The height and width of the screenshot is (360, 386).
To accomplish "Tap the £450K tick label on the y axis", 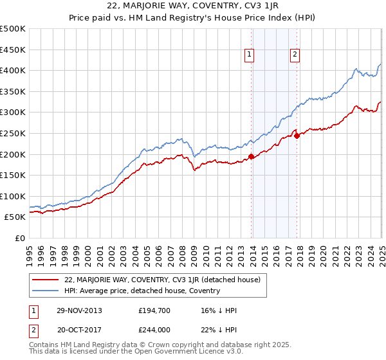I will [13, 50].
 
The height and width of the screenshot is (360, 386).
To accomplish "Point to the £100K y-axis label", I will [13, 196].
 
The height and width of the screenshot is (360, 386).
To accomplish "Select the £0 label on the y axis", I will [21, 238].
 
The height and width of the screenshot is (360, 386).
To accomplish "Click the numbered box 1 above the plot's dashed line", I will [248, 55].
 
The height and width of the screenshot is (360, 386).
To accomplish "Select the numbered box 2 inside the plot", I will [295, 55].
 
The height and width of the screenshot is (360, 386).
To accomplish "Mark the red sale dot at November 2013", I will [251, 156].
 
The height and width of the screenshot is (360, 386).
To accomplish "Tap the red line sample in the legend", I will [45, 280].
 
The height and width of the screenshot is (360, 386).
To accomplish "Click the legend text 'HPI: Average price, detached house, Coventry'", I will [142, 291].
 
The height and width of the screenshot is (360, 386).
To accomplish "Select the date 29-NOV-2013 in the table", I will [79, 310].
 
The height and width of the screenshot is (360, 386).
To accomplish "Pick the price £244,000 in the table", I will [154, 330].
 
